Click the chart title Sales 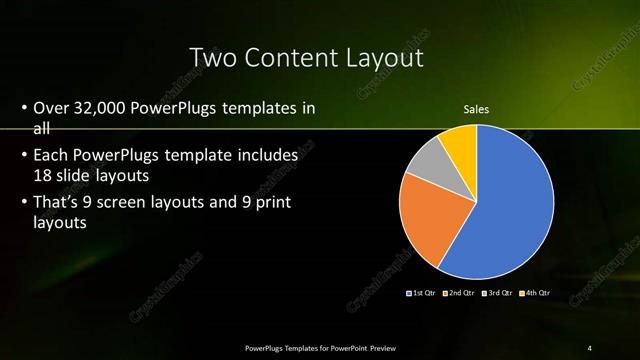click(x=476, y=109)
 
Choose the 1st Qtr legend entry click(x=419, y=293)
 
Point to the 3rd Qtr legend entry click(x=497, y=293)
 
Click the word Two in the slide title click(x=210, y=57)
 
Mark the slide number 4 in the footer click(x=589, y=348)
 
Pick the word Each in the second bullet click(x=51, y=156)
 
